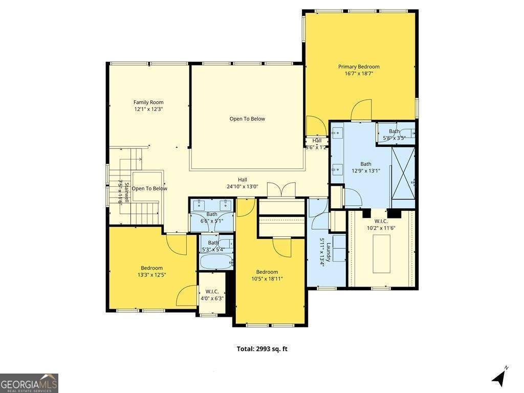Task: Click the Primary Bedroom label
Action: tap(359, 67)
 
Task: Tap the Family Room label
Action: tap(148, 102)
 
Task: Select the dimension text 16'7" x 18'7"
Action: tap(359, 74)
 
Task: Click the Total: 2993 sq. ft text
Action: tap(262, 349)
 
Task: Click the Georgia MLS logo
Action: tap(29, 383)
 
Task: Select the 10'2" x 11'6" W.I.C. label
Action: tap(381, 228)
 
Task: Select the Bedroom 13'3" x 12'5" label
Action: tap(152, 271)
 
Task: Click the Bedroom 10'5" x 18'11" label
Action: tap(267, 275)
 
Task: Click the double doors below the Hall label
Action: tap(281, 190)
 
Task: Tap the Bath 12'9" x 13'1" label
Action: tap(365, 167)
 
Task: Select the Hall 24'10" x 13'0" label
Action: tap(243, 183)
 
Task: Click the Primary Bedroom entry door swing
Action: tap(360, 109)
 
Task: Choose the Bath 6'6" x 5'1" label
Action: tap(212, 217)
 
